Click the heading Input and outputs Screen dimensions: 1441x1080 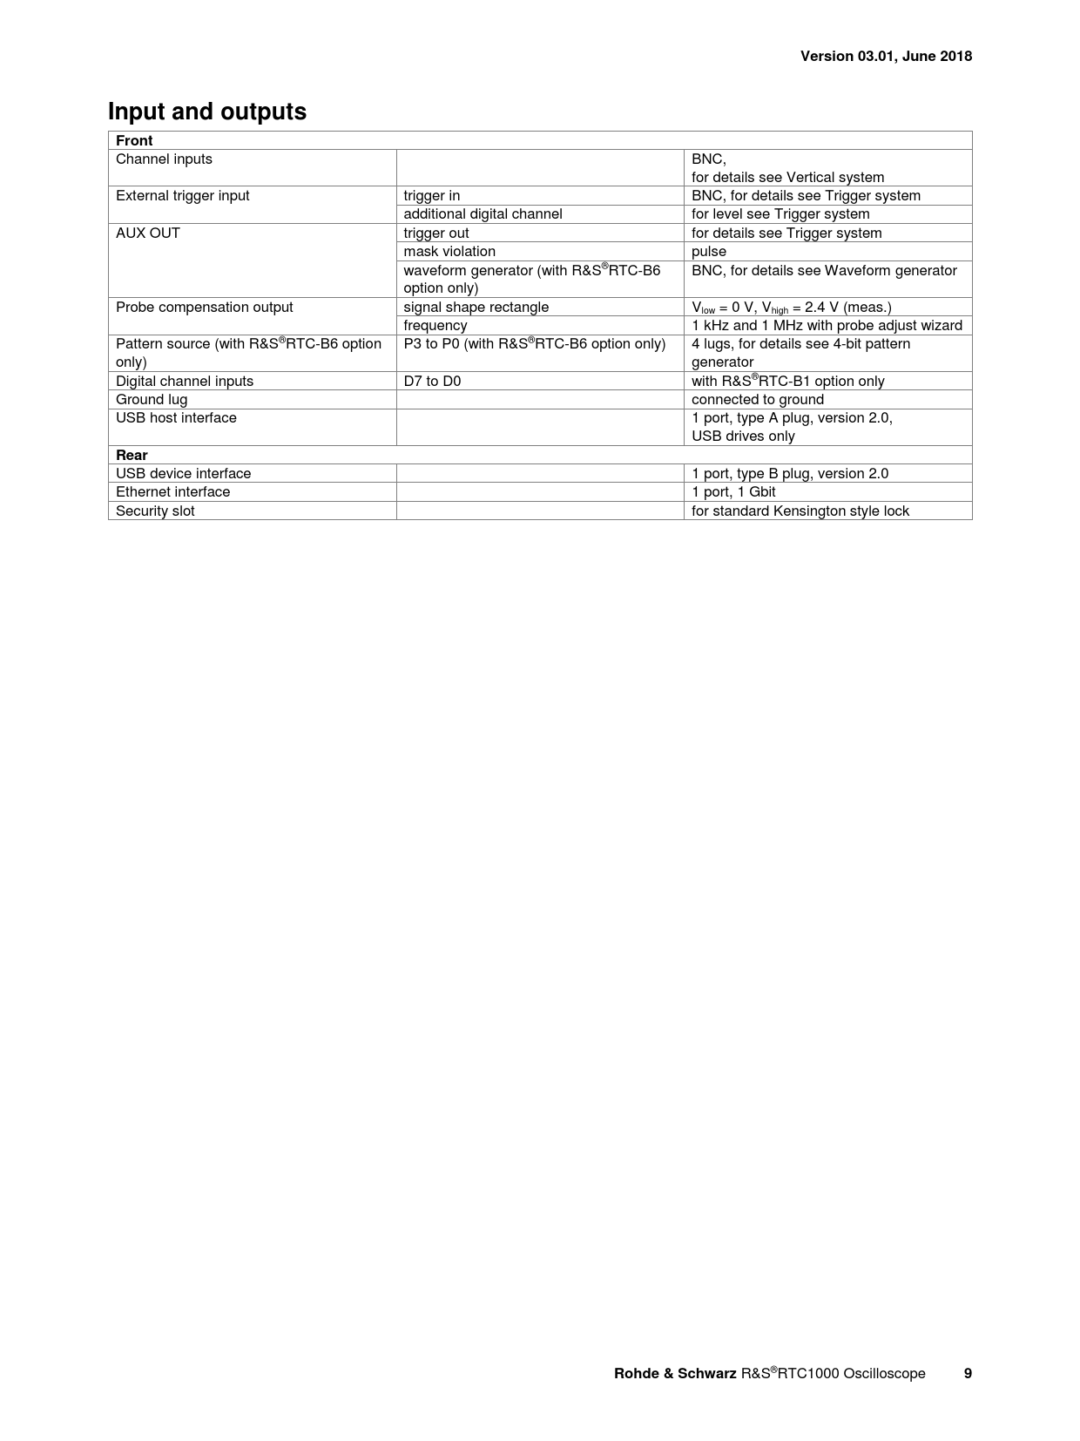[x=207, y=112]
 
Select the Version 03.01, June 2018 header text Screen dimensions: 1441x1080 [x=886, y=57]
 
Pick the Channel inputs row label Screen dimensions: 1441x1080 [x=164, y=159]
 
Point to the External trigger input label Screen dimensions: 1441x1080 [x=182, y=195]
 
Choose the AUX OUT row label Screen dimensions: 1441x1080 [x=148, y=233]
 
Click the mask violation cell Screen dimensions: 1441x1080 [x=449, y=251]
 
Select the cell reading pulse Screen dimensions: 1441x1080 [x=709, y=251]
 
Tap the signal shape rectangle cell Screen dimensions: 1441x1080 [x=476, y=307]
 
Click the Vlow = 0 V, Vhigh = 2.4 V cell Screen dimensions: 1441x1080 [x=791, y=307]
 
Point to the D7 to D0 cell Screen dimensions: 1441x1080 [x=432, y=381]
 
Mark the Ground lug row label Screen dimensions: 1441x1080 [x=152, y=399]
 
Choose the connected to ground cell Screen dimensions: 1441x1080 [x=758, y=399]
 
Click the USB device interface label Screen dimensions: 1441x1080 [x=183, y=473]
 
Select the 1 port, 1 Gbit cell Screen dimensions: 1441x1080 [x=733, y=491]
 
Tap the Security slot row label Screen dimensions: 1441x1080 [x=155, y=511]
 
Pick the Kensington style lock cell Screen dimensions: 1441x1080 [x=800, y=511]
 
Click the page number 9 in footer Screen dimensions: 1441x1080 [x=968, y=1373]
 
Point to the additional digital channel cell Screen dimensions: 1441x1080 [x=483, y=213]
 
